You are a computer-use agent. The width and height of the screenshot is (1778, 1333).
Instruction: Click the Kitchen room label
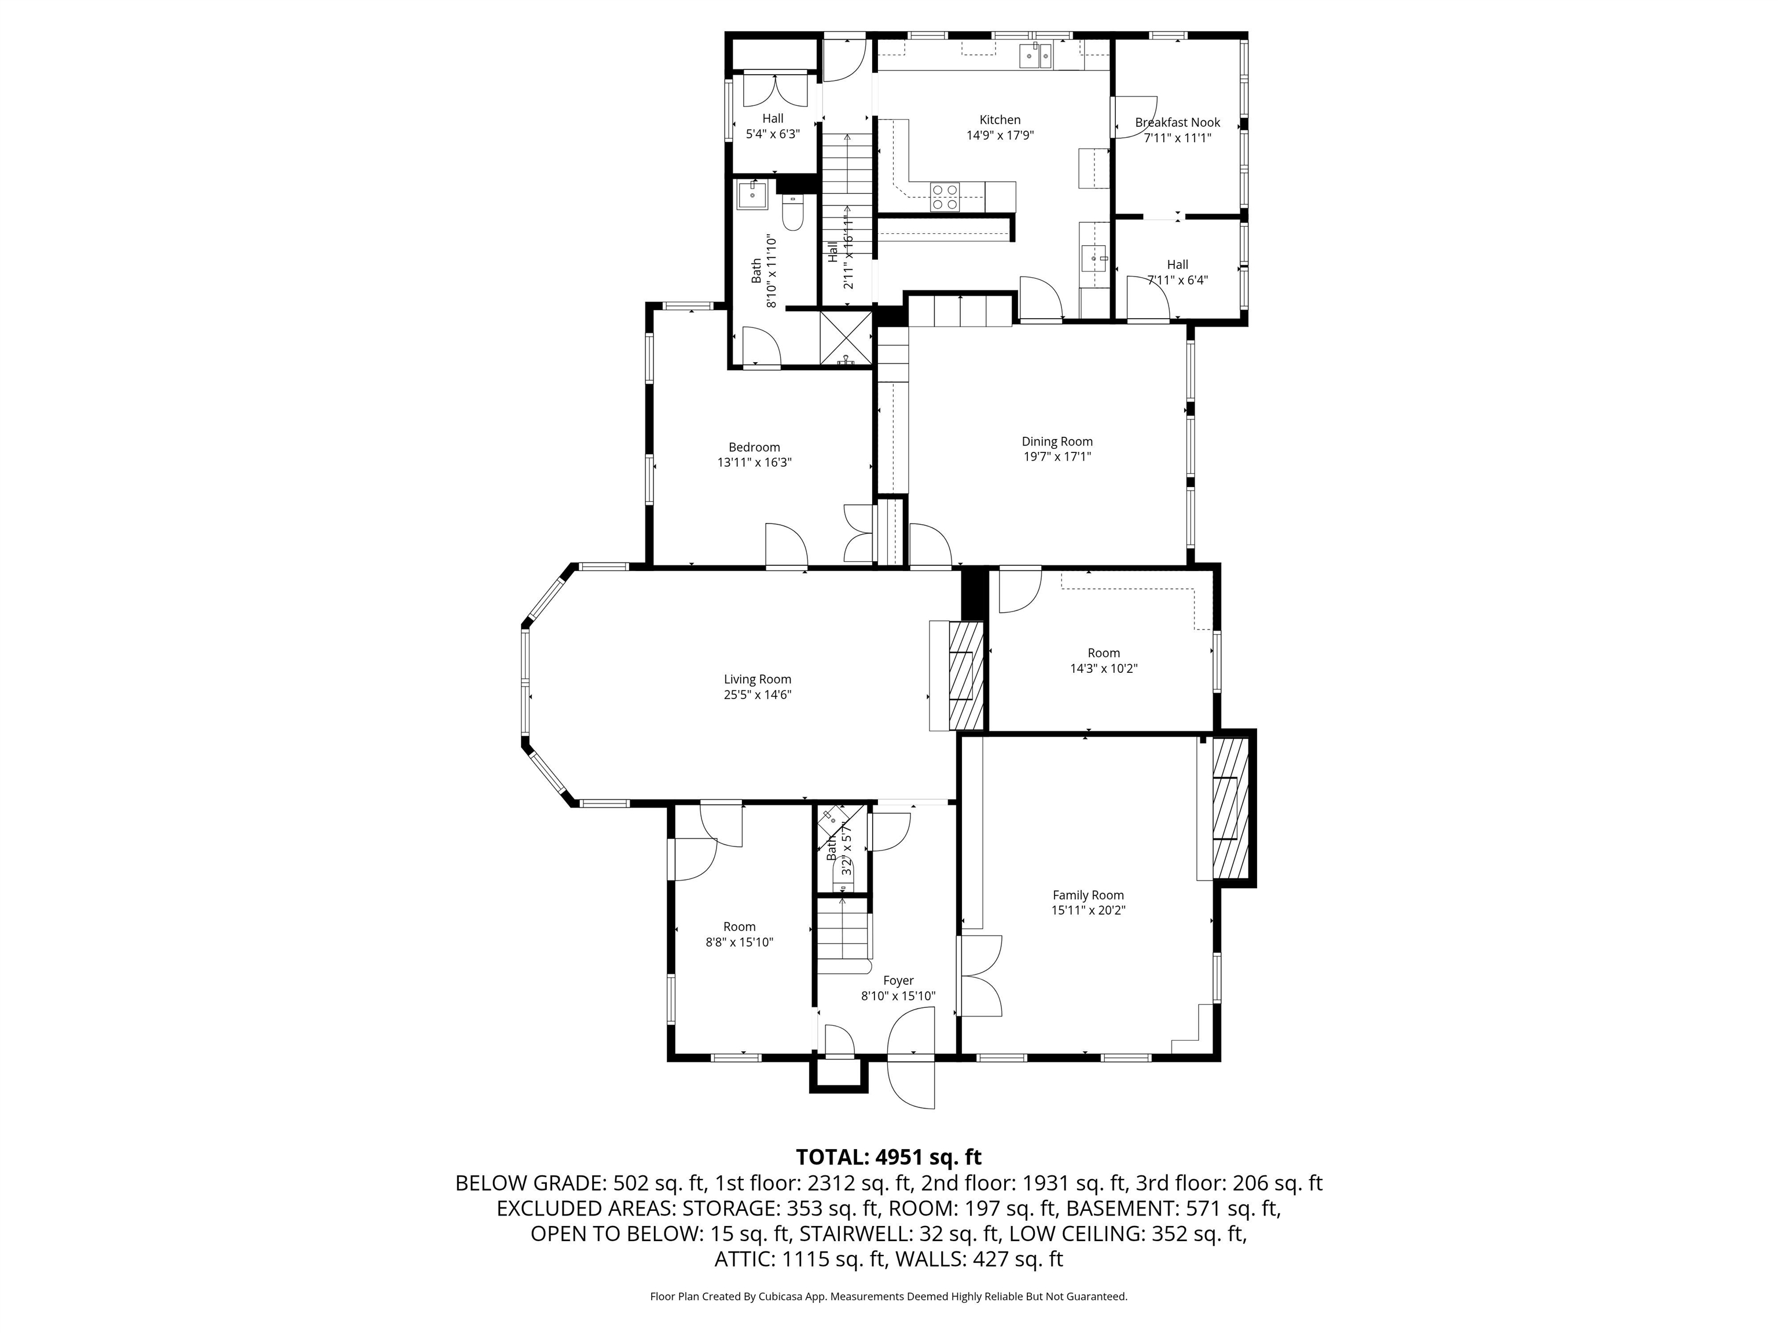[x=1000, y=120]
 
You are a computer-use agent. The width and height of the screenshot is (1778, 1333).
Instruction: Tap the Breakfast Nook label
[x=1178, y=122]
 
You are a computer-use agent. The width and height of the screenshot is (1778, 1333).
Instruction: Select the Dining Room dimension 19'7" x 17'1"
[x=1057, y=456]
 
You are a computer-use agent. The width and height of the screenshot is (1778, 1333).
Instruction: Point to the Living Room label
[x=757, y=679]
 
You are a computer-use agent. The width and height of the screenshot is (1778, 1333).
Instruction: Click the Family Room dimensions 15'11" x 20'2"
[x=1088, y=910]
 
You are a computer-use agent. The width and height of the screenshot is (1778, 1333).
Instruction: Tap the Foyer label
[x=898, y=980]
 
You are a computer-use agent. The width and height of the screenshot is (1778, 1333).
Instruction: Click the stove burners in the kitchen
[x=945, y=197]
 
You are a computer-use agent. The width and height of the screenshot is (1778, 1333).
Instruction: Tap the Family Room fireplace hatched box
[x=1230, y=809]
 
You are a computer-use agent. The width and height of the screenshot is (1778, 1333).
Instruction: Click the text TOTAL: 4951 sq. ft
[x=888, y=1157]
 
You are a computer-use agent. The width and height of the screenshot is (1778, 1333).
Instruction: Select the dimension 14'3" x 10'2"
[x=1104, y=668]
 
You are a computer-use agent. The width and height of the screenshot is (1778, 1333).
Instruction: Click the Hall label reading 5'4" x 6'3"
[x=773, y=134]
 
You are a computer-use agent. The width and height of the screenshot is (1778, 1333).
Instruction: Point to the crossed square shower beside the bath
[x=846, y=338]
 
